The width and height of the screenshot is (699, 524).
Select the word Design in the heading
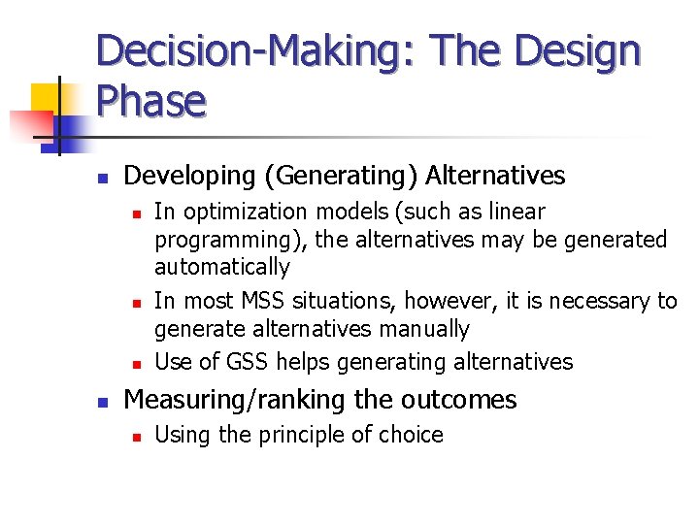[580, 50]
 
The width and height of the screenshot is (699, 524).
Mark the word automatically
[222, 266]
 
